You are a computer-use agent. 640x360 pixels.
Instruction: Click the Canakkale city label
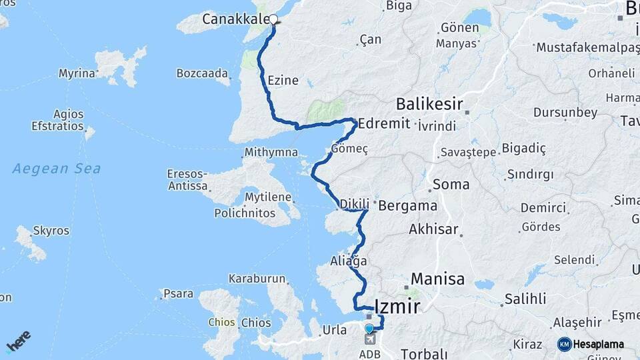click(x=235, y=19)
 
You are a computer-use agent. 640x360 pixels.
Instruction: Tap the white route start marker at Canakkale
click(x=273, y=20)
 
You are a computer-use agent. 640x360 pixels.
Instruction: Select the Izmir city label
click(x=398, y=307)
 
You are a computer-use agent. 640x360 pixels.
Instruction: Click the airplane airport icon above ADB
click(x=369, y=340)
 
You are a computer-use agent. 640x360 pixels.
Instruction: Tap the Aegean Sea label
click(x=57, y=168)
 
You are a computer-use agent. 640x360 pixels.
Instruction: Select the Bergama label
click(x=407, y=205)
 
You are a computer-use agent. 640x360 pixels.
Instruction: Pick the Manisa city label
click(x=437, y=279)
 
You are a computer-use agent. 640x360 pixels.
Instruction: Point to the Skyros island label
click(x=51, y=231)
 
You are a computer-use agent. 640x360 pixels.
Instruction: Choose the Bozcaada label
click(x=203, y=73)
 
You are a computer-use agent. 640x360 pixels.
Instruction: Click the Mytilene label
click(x=268, y=197)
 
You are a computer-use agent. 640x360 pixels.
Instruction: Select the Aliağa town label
click(x=349, y=260)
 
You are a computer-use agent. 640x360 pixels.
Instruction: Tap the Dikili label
click(x=354, y=204)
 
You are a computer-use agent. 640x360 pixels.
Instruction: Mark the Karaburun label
click(x=257, y=279)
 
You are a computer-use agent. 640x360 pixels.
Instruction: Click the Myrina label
click(x=77, y=73)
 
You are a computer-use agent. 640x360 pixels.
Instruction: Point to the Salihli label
click(x=525, y=298)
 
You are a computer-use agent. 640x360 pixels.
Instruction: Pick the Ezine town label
click(x=283, y=81)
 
